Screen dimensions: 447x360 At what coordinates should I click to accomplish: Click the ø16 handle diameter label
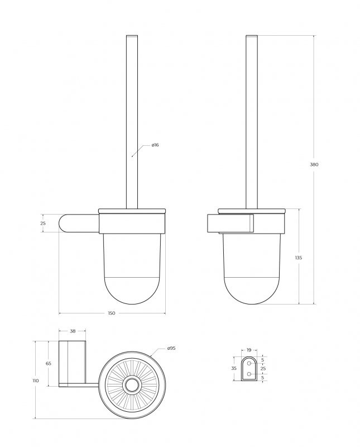click(155, 145)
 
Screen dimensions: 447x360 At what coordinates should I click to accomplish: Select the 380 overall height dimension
click(314, 164)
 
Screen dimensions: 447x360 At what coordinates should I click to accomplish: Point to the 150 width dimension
click(111, 313)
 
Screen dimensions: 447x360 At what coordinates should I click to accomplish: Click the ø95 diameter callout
click(171, 349)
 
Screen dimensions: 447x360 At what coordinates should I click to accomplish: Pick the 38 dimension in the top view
click(72, 331)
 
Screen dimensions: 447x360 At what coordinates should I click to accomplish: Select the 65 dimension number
click(49, 363)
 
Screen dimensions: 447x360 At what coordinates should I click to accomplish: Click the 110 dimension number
click(36, 381)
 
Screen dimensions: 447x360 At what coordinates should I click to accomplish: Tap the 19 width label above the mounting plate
click(249, 350)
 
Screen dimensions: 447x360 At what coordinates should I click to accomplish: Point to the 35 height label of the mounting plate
click(234, 369)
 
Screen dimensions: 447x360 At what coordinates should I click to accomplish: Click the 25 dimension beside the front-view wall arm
click(44, 223)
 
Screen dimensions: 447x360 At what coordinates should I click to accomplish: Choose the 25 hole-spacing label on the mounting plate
click(263, 369)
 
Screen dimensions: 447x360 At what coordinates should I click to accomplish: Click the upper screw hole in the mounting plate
click(249, 363)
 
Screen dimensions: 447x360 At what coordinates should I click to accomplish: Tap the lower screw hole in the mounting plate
click(249, 375)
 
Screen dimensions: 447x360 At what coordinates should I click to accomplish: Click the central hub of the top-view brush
click(132, 384)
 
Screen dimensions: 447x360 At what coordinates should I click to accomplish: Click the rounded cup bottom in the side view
click(252, 291)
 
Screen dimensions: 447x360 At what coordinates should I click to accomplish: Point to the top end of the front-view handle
click(132, 38)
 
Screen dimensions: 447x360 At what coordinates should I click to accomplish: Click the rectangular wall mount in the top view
click(72, 363)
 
